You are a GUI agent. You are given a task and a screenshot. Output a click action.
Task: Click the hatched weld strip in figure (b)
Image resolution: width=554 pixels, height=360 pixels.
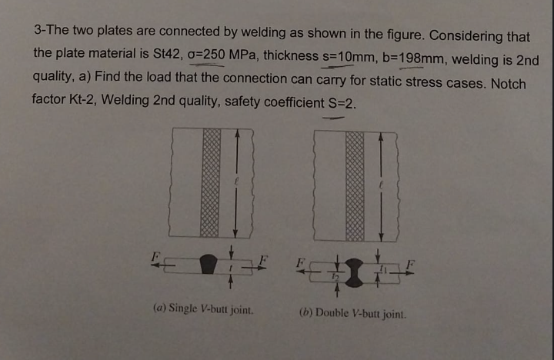tap(354, 185)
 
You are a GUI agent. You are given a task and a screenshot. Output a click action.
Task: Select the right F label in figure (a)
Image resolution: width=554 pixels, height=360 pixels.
tap(264, 255)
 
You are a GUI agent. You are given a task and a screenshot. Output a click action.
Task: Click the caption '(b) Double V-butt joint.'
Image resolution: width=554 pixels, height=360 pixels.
tap(352, 313)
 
